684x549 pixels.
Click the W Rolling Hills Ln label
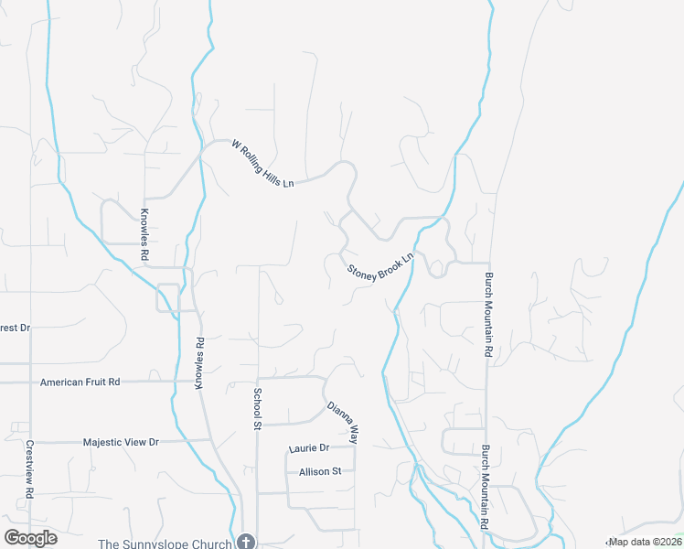263,165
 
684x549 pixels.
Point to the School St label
257,409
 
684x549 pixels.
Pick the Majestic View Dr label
121,442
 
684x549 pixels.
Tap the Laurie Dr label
308,448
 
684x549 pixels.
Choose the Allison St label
319,471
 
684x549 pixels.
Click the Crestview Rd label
30,469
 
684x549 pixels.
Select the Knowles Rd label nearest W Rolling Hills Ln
144,235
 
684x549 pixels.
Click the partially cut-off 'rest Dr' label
15,328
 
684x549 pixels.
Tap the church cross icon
245,542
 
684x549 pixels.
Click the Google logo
30,538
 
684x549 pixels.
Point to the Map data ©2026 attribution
645,542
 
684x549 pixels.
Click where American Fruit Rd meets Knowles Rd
180,381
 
